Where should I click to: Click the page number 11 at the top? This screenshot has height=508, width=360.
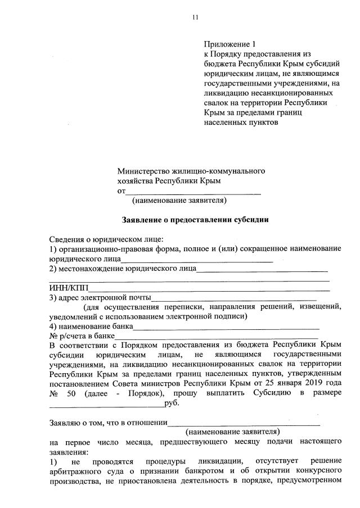coord(195,17)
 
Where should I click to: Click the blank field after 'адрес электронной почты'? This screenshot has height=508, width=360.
coord(234,298)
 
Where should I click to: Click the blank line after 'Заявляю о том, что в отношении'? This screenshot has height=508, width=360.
coord(244,423)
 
